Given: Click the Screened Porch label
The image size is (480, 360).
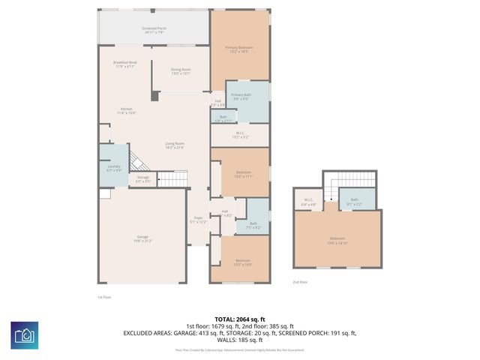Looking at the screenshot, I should [x=154, y=31].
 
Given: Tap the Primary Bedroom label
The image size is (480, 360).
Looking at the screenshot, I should [x=239, y=49].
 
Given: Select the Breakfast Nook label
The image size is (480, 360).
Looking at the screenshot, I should [x=124, y=64].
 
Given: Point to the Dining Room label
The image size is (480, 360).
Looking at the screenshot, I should [x=181, y=71].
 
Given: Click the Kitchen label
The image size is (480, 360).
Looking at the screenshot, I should [x=127, y=111].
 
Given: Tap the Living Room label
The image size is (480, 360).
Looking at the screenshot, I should [x=175, y=145].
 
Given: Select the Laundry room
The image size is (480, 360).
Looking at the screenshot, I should [x=114, y=168].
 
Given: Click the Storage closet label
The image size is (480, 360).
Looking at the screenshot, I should [x=142, y=180].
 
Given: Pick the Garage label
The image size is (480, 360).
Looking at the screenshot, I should [x=142, y=239].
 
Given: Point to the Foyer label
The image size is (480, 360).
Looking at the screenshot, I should [x=196, y=220].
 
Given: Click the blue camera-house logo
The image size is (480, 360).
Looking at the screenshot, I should [x=24, y=334].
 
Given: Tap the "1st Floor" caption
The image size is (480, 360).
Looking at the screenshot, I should [x=104, y=297].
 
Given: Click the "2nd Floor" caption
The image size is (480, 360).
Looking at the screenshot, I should [x=300, y=282].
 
